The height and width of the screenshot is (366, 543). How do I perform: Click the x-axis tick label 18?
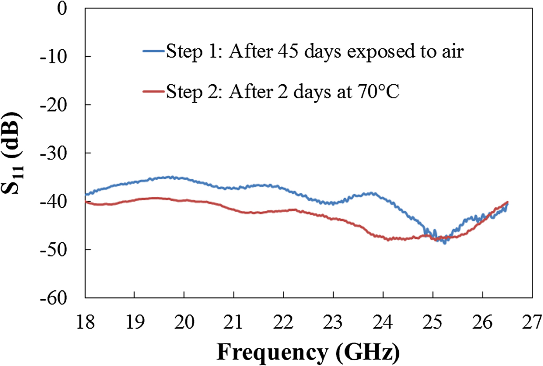tap(85, 322)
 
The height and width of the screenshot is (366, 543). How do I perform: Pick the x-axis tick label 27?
tap(532, 322)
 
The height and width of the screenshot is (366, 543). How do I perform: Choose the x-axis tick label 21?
tap(233, 322)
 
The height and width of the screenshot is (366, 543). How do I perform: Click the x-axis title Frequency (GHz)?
tap(308, 352)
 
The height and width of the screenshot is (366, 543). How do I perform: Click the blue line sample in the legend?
tap(154, 51)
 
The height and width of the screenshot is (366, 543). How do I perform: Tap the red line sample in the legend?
tap(154, 92)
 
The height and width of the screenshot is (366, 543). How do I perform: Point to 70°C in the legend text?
tap(376, 92)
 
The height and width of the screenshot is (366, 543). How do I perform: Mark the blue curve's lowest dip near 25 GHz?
tap(444, 243)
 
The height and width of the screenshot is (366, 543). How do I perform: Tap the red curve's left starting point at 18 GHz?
tap(86, 202)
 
